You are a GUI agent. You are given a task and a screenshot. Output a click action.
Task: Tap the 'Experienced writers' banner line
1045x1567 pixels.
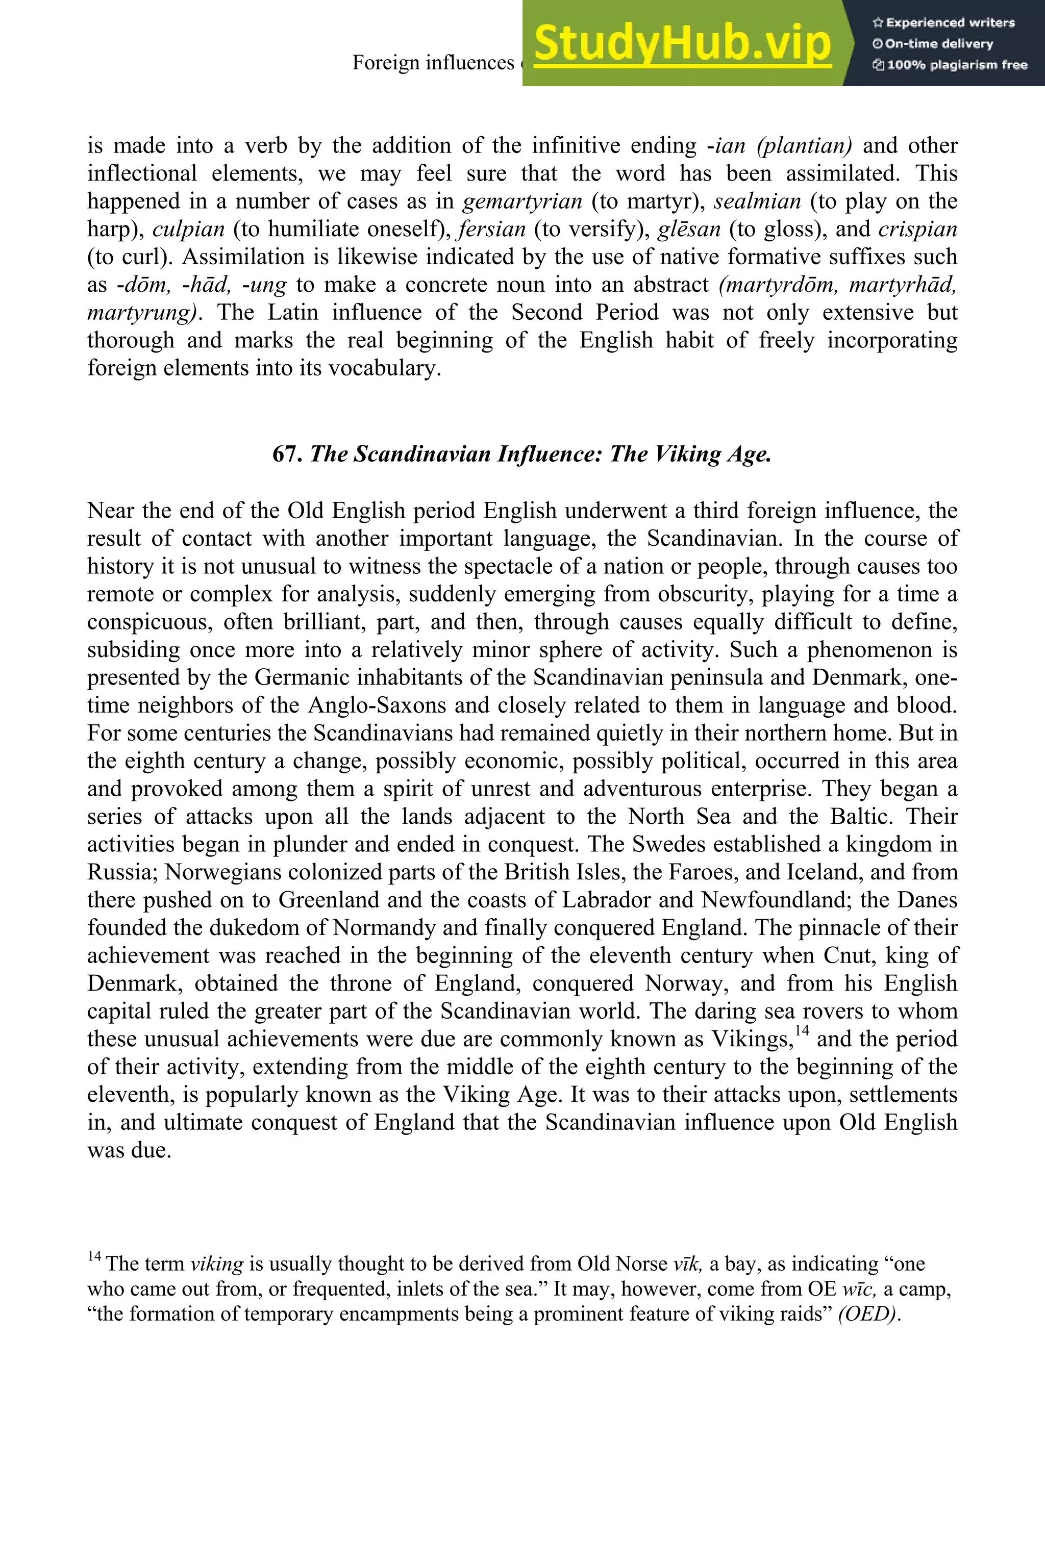[x=943, y=22]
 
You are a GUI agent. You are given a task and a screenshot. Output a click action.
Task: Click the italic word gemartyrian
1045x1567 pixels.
[x=522, y=201]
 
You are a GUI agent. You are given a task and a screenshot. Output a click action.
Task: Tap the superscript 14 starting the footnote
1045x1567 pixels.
[x=94, y=1255]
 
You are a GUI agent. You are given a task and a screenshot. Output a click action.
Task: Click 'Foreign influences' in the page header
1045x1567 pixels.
[x=433, y=63]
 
